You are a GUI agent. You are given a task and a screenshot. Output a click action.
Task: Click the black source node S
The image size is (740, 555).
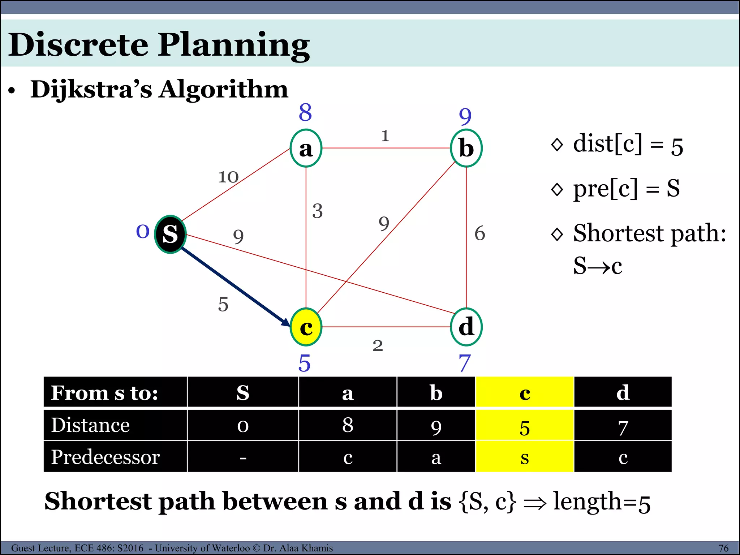click(170, 234)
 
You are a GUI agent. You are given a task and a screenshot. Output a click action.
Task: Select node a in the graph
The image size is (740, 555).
click(306, 148)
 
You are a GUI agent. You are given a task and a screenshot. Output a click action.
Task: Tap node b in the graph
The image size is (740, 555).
click(466, 148)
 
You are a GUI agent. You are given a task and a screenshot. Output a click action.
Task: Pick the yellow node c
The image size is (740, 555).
click(306, 327)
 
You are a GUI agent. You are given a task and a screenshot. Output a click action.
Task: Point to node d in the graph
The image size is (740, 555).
click(466, 327)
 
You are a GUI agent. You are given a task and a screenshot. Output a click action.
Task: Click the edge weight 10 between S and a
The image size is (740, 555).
click(228, 177)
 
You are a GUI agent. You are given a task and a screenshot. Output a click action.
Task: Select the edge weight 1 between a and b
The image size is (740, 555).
click(385, 136)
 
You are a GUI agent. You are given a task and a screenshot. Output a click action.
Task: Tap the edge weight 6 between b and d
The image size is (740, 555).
click(479, 233)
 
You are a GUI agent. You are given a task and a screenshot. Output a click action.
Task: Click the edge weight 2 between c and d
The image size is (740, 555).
click(378, 346)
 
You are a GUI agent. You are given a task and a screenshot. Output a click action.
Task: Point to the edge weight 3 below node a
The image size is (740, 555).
click(317, 211)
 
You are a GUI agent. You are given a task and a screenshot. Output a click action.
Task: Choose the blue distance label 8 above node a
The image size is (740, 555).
click(305, 112)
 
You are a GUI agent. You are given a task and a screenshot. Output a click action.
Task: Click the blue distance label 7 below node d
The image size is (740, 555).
click(465, 363)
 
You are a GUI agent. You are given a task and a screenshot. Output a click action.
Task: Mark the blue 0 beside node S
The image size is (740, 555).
click(143, 231)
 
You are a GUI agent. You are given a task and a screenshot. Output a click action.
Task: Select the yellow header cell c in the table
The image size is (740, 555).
click(525, 392)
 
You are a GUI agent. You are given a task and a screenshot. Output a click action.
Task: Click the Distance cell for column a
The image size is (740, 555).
click(348, 425)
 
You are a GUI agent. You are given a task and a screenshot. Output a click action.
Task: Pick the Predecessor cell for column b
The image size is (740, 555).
click(436, 457)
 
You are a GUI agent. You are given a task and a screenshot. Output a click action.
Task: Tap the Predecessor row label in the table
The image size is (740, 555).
click(105, 457)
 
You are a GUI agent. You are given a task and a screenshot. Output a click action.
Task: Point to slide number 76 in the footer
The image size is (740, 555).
click(723, 548)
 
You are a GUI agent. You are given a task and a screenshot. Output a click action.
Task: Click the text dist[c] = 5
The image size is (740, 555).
click(628, 145)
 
